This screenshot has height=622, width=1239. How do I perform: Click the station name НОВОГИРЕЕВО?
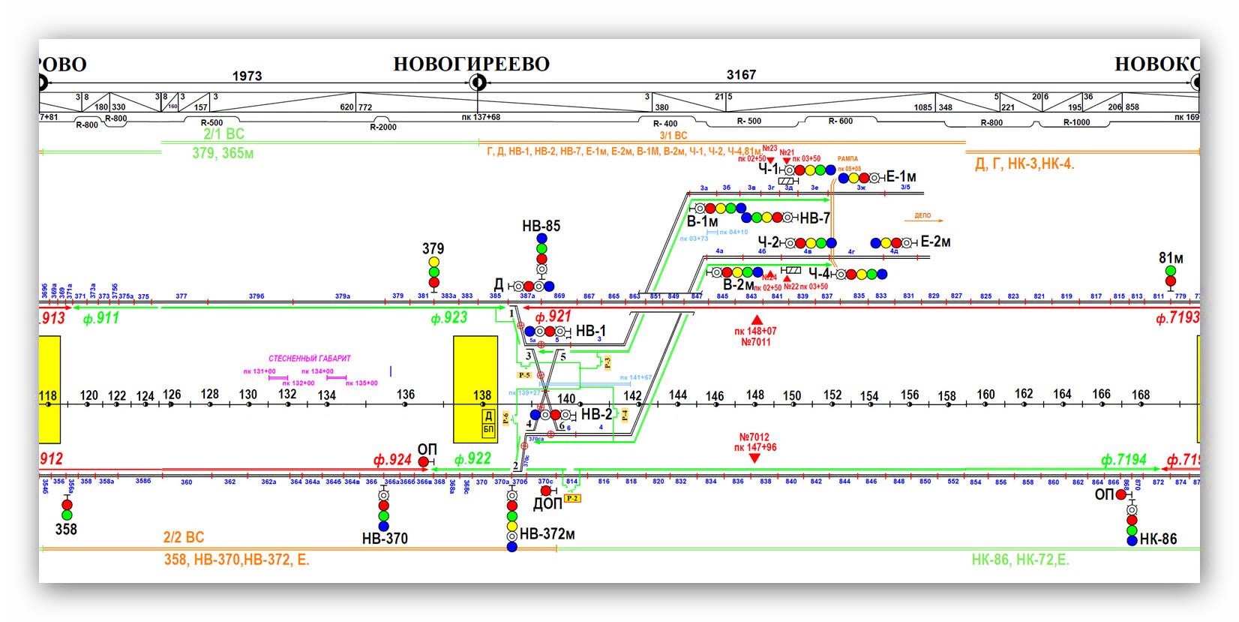click(471, 64)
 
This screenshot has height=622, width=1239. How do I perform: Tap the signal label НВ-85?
click(541, 226)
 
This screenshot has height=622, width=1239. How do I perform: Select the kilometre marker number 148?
click(754, 395)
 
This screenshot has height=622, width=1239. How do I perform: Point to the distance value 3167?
click(741, 75)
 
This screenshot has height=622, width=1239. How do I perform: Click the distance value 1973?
click(247, 76)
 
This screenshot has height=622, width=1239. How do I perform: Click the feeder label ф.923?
click(448, 318)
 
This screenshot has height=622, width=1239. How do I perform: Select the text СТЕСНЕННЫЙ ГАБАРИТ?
click(310, 359)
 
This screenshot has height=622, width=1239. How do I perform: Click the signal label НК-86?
click(1158, 539)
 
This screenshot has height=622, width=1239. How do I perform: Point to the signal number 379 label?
click(433, 248)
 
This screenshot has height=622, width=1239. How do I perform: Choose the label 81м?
click(1171, 258)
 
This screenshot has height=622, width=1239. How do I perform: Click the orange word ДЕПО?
click(922, 216)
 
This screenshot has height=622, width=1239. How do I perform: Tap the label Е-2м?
click(935, 242)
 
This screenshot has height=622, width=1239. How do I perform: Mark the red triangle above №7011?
click(756, 320)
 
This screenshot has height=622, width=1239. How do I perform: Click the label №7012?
click(754, 437)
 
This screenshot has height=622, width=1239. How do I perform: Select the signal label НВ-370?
click(385, 538)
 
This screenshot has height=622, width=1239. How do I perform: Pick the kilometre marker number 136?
click(405, 395)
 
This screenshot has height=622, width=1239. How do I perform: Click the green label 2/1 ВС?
click(223, 135)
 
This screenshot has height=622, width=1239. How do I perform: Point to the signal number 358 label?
click(66, 530)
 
